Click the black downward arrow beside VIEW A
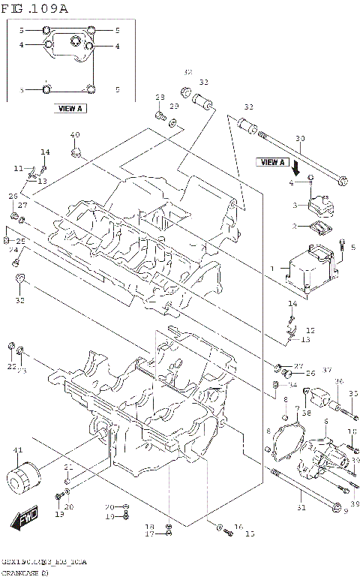(x=297, y=165)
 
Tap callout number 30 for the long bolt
(x=300, y=139)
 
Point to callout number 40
(x=74, y=135)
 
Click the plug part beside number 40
(x=75, y=153)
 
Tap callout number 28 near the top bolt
(x=160, y=98)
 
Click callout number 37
(x=327, y=371)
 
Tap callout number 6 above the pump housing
(x=326, y=422)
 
